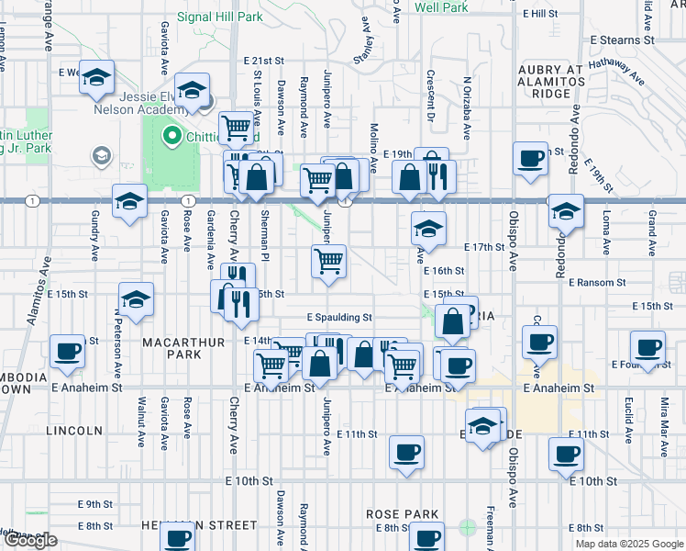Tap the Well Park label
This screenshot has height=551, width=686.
[x=441, y=7]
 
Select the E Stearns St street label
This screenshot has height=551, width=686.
[x=622, y=40]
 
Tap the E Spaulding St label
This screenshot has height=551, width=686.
[x=338, y=318]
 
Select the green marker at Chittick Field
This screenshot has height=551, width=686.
[x=171, y=138]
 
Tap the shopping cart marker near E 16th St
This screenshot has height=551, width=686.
[x=328, y=261]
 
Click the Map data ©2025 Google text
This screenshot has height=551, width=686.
[x=629, y=544]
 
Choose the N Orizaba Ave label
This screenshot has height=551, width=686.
[x=467, y=107]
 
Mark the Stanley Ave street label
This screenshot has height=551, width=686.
[x=368, y=54]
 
